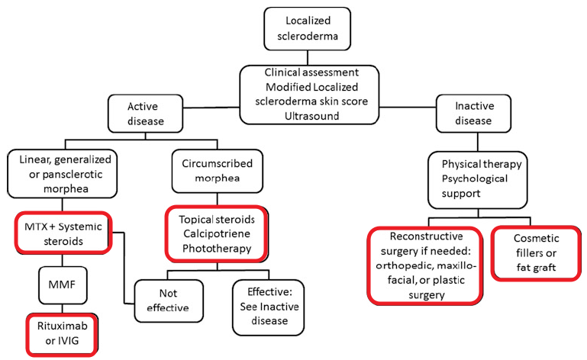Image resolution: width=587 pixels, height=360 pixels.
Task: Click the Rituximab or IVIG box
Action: pos(62,334)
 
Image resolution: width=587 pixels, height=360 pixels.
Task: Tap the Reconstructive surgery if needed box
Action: pos(428,264)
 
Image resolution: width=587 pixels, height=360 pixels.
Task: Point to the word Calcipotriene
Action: pos(211,233)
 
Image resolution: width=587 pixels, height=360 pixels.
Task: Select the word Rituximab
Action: pos(63,326)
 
